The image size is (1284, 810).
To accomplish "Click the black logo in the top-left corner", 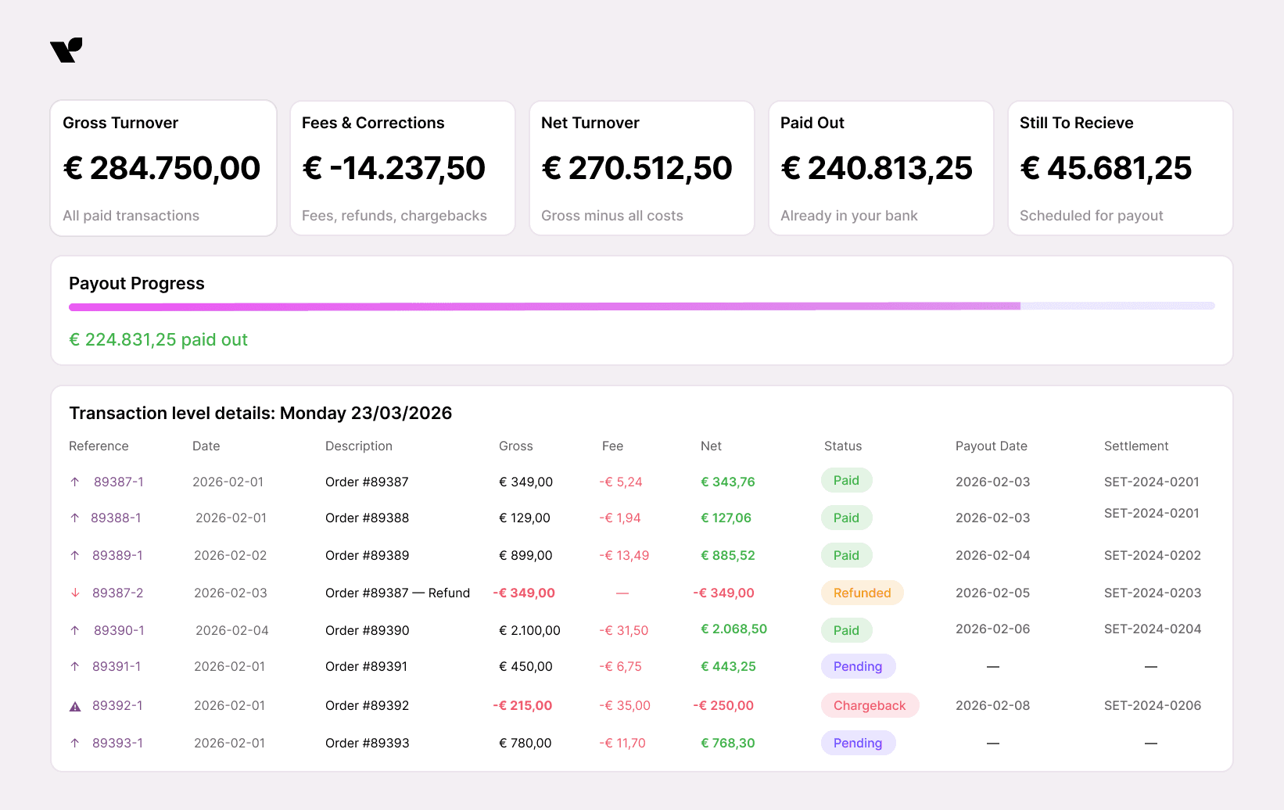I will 66,50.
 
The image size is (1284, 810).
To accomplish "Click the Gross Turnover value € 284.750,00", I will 162,168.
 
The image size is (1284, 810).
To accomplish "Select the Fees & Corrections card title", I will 373,123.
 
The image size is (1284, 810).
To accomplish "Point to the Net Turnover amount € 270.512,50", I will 637,168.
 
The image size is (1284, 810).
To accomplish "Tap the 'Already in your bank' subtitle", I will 848,216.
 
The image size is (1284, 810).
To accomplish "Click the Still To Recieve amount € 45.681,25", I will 1106,168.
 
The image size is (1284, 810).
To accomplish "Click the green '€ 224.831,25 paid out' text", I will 158,339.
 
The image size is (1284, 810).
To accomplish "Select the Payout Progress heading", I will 137,283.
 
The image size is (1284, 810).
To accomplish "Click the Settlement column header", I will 1135,446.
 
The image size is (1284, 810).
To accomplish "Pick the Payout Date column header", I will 991,446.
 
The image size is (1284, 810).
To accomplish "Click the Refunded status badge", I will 862,593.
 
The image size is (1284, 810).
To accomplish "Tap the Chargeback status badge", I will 869,705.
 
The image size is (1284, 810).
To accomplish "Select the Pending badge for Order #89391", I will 857,666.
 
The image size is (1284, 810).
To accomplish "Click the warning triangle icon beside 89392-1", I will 75,706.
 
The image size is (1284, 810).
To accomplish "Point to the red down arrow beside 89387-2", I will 75,593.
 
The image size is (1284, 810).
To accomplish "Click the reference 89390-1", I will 119,630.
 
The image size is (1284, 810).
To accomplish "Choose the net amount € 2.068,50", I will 733,629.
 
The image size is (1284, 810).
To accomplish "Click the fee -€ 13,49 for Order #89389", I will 624,555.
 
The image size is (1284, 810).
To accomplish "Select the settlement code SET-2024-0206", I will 1152,705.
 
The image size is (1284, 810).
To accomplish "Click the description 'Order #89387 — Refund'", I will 397,593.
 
